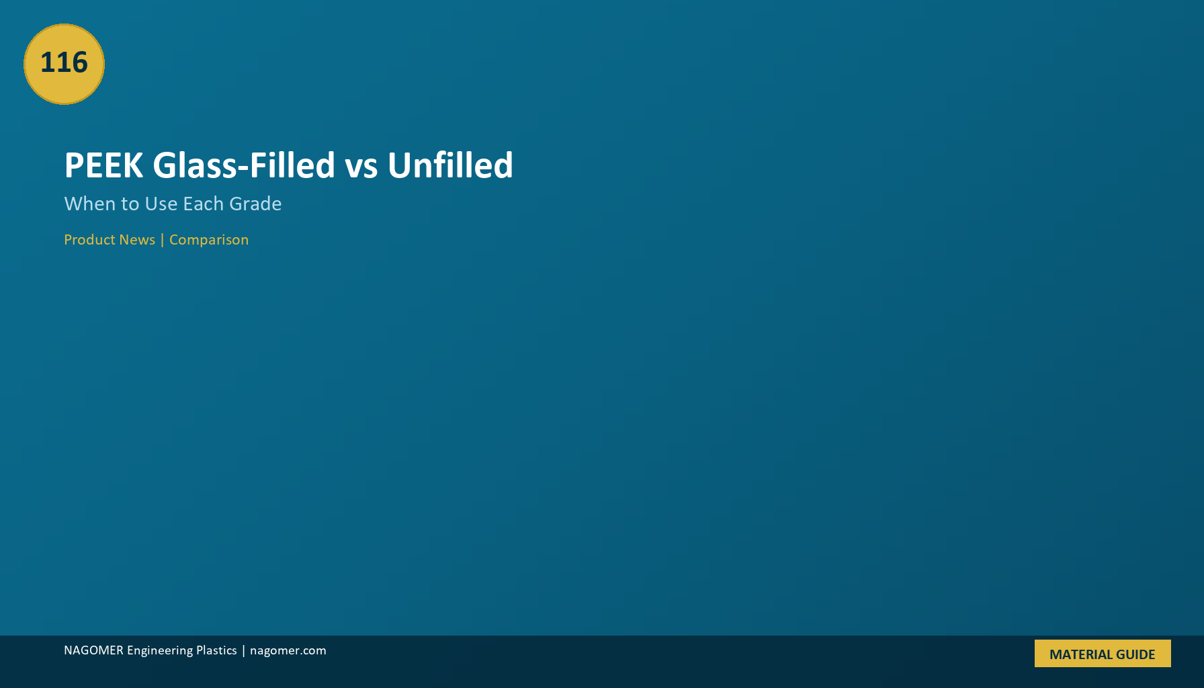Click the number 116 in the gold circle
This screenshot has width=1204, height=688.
pos(64,62)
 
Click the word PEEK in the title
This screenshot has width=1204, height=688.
pos(103,165)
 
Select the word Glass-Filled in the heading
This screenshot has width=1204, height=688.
pos(244,165)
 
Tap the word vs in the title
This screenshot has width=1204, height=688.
pos(361,168)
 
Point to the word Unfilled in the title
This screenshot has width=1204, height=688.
pos(450,165)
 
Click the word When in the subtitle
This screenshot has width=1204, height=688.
pos(90,204)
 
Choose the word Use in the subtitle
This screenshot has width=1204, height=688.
pos(161,204)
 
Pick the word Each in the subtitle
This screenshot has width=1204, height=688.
pos(204,204)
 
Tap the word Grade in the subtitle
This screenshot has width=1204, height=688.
pos(255,204)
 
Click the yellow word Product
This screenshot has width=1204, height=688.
pos(89,240)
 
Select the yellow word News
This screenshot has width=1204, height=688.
pos(137,240)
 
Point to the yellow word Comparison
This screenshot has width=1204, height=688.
pos(209,240)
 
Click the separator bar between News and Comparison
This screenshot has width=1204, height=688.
pos(162,240)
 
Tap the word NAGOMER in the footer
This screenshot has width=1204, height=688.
pos(93,650)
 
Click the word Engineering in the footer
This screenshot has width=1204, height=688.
pos(160,650)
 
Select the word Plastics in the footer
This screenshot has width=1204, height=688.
pos(216,650)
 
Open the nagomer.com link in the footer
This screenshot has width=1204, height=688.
pos(288,650)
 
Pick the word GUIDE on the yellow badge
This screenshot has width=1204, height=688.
pos(1134,654)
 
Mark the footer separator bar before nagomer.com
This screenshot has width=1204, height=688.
pos(243,650)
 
